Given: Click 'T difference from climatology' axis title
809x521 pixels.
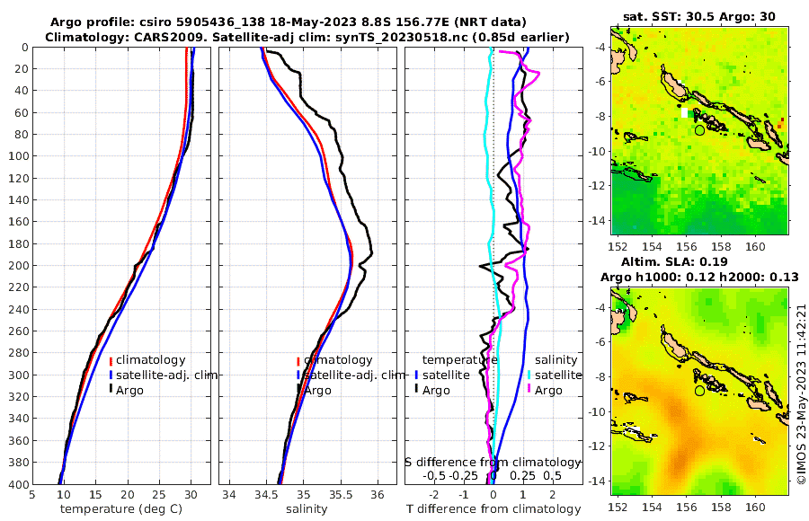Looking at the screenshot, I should coord(493,509).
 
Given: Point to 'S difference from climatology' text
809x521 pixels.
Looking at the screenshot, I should coord(493,462).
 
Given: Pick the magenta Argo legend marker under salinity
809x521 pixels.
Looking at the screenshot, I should coord(529,390).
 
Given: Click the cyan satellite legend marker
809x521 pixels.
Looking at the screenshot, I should coord(529,375).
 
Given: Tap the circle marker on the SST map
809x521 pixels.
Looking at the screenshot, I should coord(699,129).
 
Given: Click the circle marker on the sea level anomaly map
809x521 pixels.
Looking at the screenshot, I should coord(699,391).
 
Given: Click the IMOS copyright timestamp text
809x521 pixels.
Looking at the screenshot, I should coord(801,395).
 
